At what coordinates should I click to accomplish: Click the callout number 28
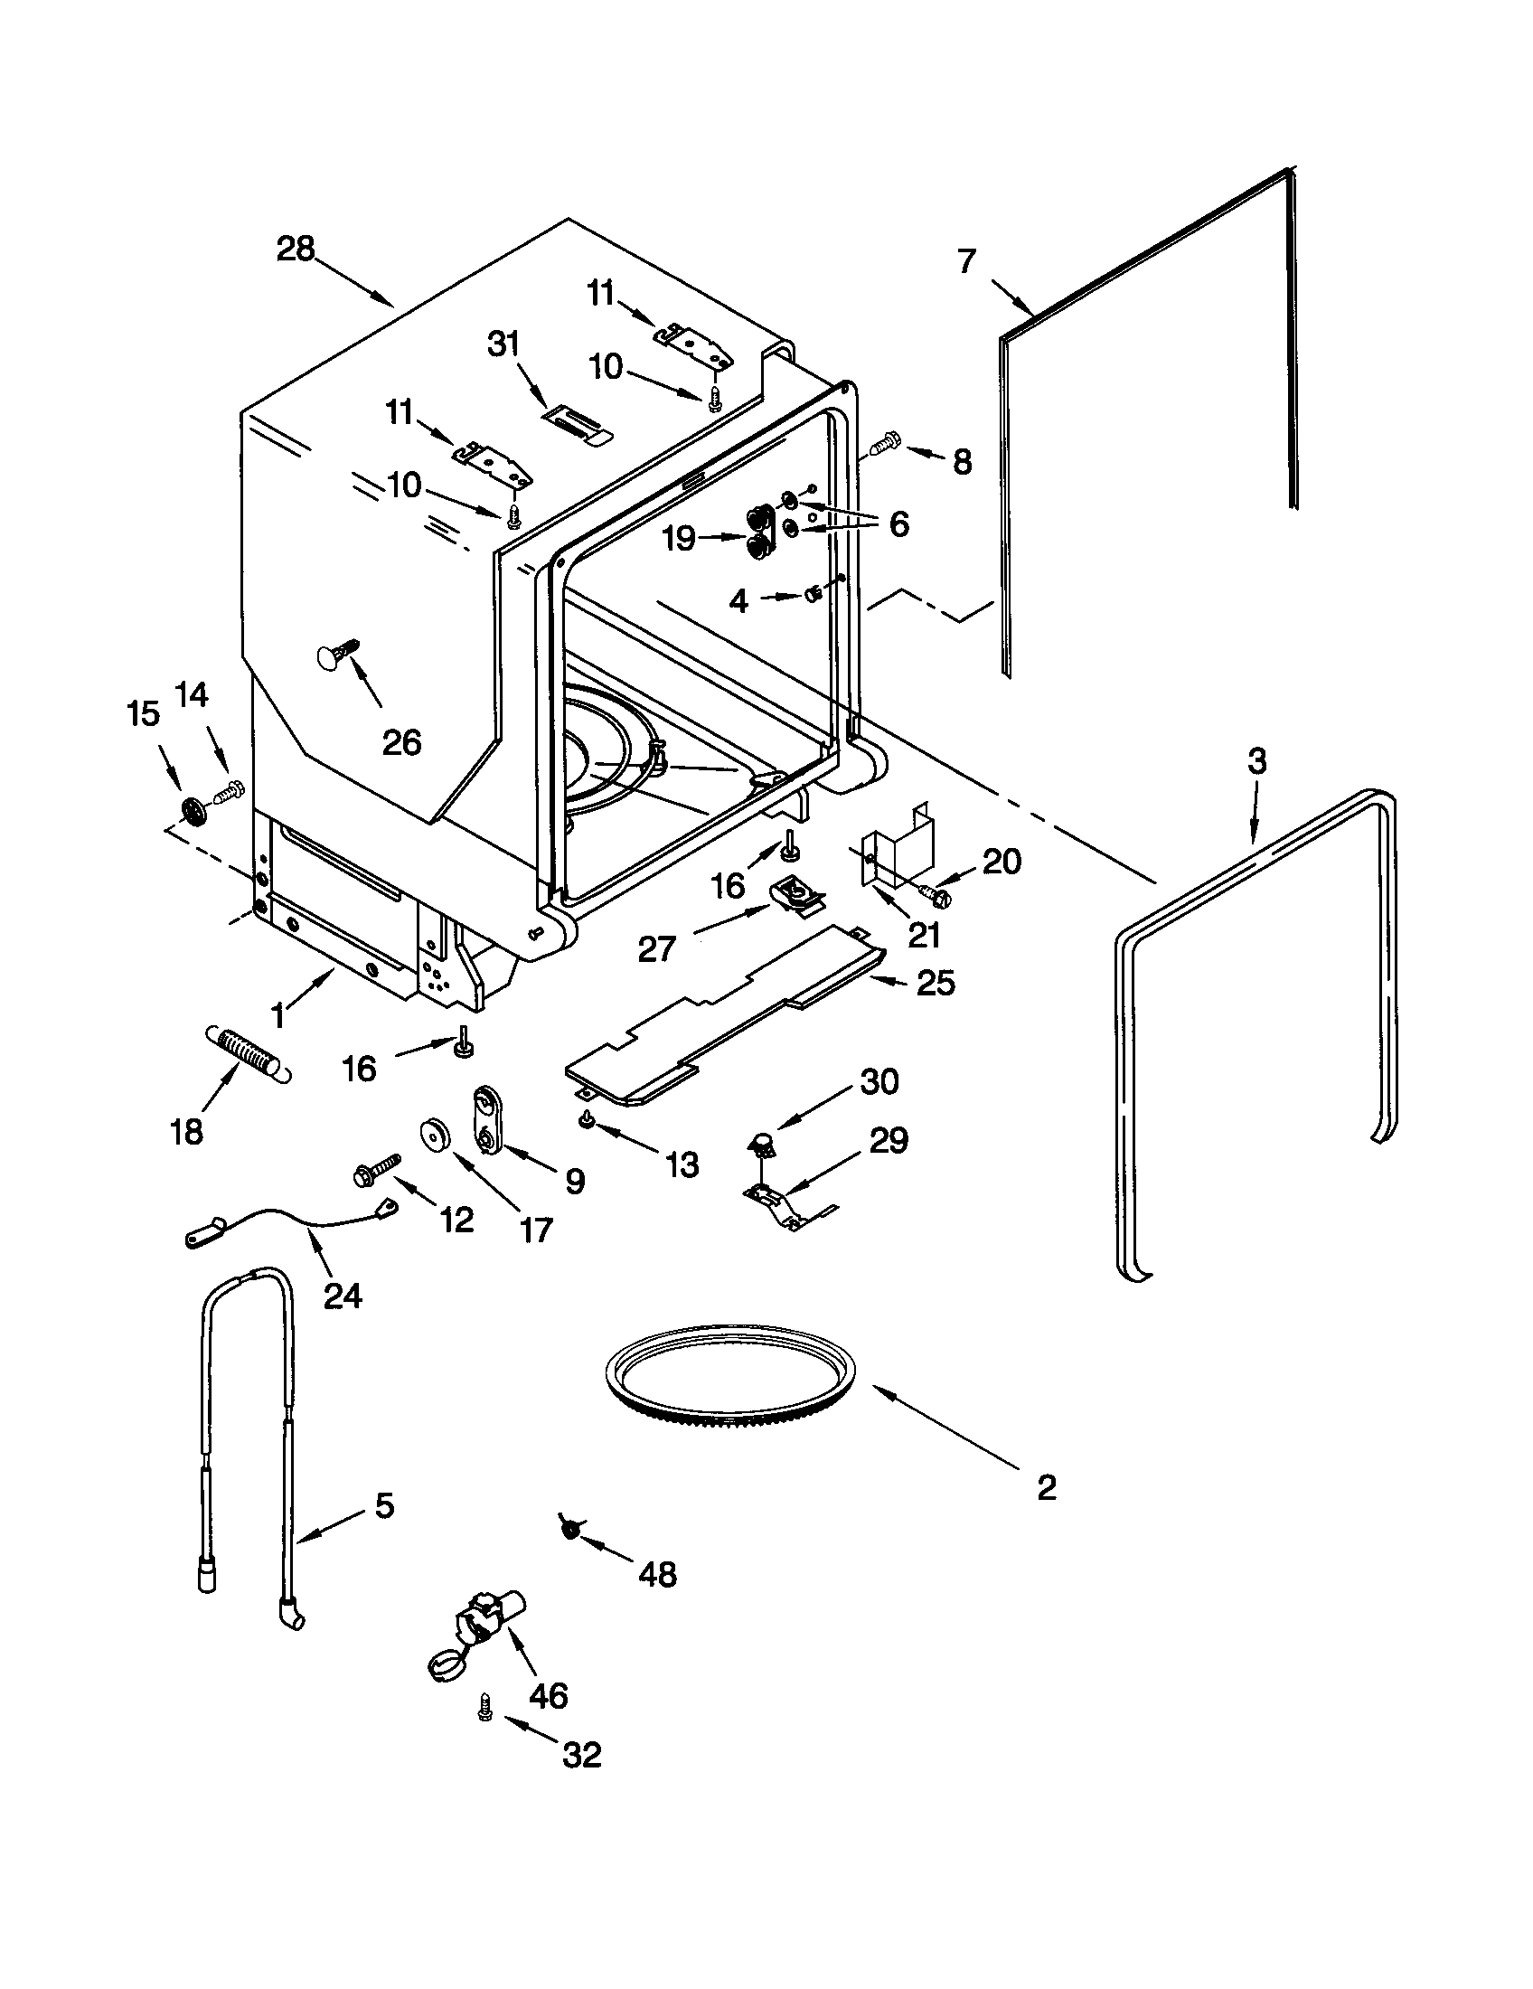click(295, 249)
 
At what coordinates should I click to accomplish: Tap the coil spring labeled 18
click(246, 1054)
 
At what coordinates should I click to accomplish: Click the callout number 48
click(657, 1574)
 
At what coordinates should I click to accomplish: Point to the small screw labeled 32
click(484, 1711)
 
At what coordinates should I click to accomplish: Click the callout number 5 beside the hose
click(384, 1505)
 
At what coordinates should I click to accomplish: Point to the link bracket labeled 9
click(487, 1120)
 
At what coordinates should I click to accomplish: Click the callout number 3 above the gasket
click(1256, 760)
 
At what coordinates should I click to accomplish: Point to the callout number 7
click(967, 262)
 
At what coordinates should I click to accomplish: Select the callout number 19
click(679, 538)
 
